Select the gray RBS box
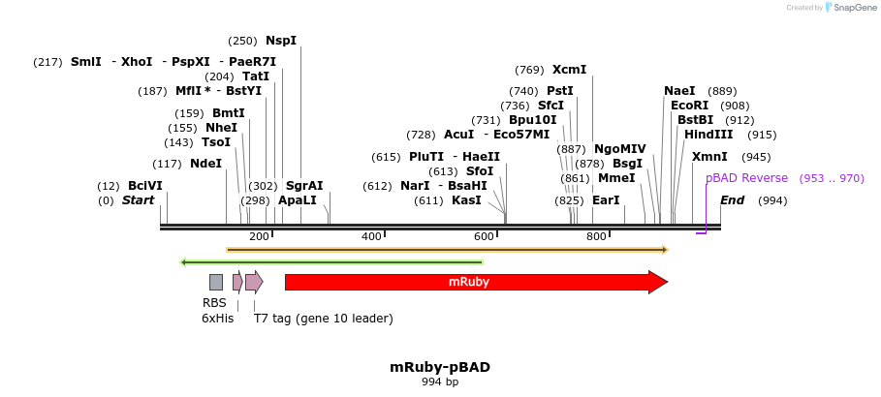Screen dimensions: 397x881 216,282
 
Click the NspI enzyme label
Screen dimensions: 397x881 281,41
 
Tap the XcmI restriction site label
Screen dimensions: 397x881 569,70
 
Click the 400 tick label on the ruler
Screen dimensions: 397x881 371,237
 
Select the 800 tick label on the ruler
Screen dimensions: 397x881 596,237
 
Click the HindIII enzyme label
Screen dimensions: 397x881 708,135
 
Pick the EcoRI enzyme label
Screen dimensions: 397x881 689,106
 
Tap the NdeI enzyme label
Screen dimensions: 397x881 205,164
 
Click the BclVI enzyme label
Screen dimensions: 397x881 145,186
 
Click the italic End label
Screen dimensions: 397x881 733,200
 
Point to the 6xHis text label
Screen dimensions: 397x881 217,318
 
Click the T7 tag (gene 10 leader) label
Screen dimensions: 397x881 323,318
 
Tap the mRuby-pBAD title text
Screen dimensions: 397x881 440,367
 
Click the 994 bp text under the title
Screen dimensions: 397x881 440,382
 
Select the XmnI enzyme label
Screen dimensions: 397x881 709,157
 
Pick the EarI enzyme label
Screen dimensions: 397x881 606,200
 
